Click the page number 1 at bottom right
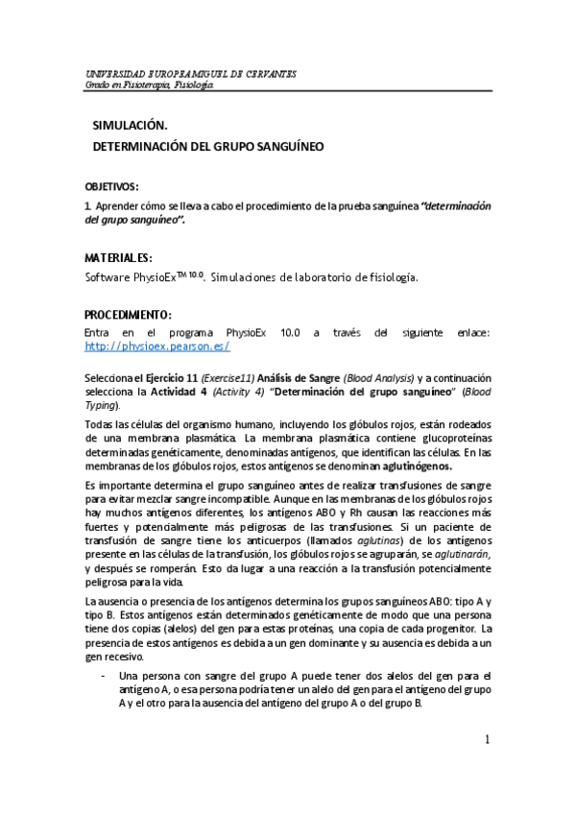click(x=487, y=739)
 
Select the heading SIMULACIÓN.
click(x=130, y=126)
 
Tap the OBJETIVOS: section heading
click(x=112, y=185)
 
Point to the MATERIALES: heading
click(x=118, y=257)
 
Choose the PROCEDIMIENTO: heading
click(x=129, y=315)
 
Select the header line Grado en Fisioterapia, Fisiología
click(x=150, y=84)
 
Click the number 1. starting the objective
click(x=88, y=205)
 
